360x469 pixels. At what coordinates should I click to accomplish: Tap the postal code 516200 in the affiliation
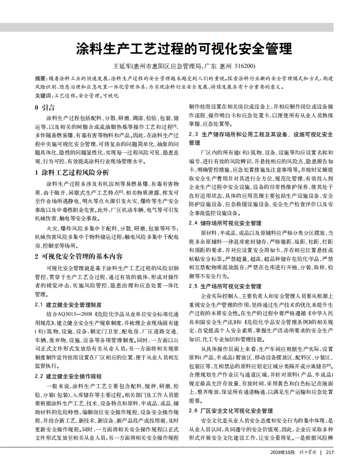[245, 67]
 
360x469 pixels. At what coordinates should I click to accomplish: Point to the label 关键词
[43, 95]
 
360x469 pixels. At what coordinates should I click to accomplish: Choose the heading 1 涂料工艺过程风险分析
[72, 172]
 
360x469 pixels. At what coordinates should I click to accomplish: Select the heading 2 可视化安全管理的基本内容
[79, 256]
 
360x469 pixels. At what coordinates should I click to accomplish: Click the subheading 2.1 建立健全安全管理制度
[68, 305]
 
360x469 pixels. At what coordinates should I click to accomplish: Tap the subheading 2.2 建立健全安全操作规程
[68, 376]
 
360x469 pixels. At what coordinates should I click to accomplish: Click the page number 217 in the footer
[329, 452]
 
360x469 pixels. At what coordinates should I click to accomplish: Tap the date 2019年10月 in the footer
[282, 452]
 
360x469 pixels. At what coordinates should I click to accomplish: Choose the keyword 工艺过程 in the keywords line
[64, 95]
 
